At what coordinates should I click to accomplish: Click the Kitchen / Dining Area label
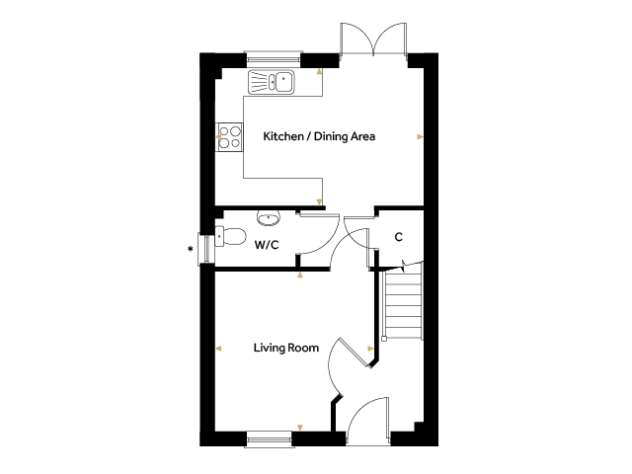coord(319,136)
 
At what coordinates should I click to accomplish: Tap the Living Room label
coord(286,348)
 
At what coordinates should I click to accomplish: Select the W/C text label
coord(267,245)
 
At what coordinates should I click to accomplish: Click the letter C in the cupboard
coord(399,237)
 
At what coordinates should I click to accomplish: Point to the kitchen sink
coord(272,82)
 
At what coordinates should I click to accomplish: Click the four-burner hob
coord(230,137)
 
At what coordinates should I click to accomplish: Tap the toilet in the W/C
coord(230,237)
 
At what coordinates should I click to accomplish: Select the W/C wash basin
coord(269,219)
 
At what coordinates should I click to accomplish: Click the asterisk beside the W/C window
coord(190,250)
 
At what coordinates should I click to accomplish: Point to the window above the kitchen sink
coord(274,59)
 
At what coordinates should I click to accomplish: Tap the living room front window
coord(269,438)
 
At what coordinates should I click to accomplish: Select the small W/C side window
coord(205,249)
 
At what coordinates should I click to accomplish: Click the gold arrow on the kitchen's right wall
coord(420,137)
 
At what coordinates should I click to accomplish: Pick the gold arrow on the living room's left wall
coord(218,349)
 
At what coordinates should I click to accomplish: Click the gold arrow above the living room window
coord(300,428)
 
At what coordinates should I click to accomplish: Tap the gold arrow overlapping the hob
coord(218,137)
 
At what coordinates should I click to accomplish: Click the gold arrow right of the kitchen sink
coord(320,72)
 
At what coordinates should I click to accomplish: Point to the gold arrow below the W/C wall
coord(300,275)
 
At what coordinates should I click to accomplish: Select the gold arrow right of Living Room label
coord(370,349)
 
